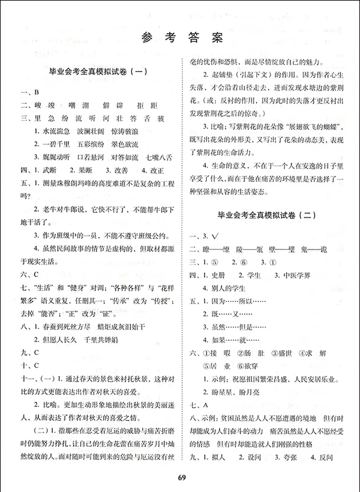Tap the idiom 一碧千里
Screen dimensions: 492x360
coord(60,144)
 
